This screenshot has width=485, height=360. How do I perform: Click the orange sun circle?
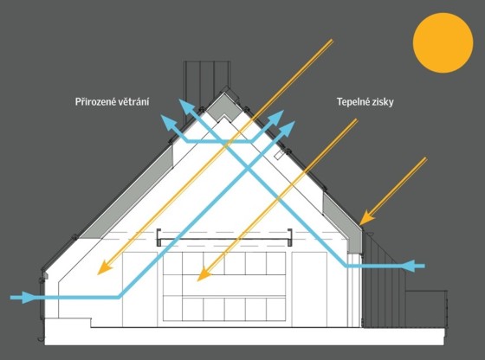(443, 43)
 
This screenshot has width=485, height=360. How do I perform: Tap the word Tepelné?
(353, 101)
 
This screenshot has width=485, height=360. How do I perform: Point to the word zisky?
(383, 102)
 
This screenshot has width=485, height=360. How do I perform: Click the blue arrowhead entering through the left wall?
(27, 298)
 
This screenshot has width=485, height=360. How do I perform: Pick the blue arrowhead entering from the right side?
(409, 266)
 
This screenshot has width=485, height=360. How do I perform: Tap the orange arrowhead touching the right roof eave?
(367, 217)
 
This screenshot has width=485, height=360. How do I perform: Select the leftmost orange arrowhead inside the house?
(104, 267)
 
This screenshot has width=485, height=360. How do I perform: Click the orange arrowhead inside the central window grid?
(204, 274)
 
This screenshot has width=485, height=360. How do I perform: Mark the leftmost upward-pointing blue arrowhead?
(168, 122)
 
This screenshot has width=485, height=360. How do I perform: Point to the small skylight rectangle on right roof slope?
(279, 155)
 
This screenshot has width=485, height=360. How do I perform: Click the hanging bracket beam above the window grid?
(224, 239)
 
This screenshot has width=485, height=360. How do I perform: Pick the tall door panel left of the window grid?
(139, 289)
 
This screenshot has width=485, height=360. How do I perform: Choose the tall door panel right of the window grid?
(310, 289)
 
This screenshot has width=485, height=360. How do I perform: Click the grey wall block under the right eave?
(354, 240)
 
